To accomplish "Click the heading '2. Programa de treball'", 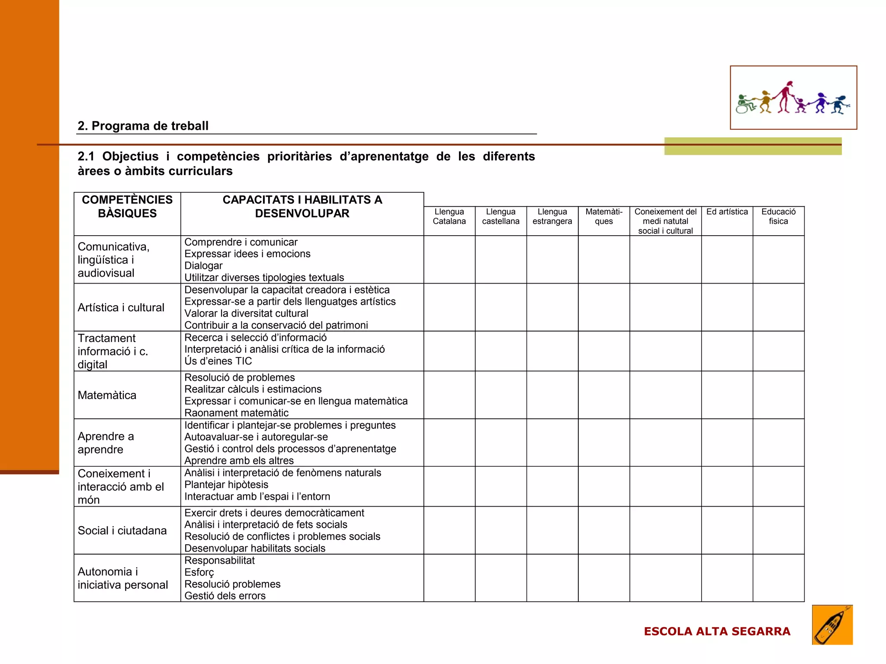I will [x=143, y=126].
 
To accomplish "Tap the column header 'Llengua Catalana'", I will [x=449, y=217].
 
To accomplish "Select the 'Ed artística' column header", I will [x=727, y=212].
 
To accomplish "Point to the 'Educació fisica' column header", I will [x=778, y=217].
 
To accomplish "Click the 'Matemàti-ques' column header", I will [x=604, y=217].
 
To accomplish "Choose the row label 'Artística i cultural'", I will [x=121, y=307].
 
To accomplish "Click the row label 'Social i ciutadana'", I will [x=122, y=530].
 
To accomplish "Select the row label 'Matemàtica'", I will [x=107, y=395].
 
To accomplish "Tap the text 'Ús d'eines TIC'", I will [x=218, y=361].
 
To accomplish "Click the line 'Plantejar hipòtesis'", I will [x=226, y=485].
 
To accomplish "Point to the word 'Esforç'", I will [x=199, y=572].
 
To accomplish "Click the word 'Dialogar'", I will [x=203, y=265].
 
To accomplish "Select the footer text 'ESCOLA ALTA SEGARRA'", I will [x=717, y=632].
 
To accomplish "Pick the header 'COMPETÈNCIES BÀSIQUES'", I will [x=127, y=207].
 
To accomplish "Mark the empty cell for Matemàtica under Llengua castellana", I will [x=501, y=395].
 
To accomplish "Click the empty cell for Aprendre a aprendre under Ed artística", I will [x=727, y=443].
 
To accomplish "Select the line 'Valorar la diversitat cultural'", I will [x=246, y=313].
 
